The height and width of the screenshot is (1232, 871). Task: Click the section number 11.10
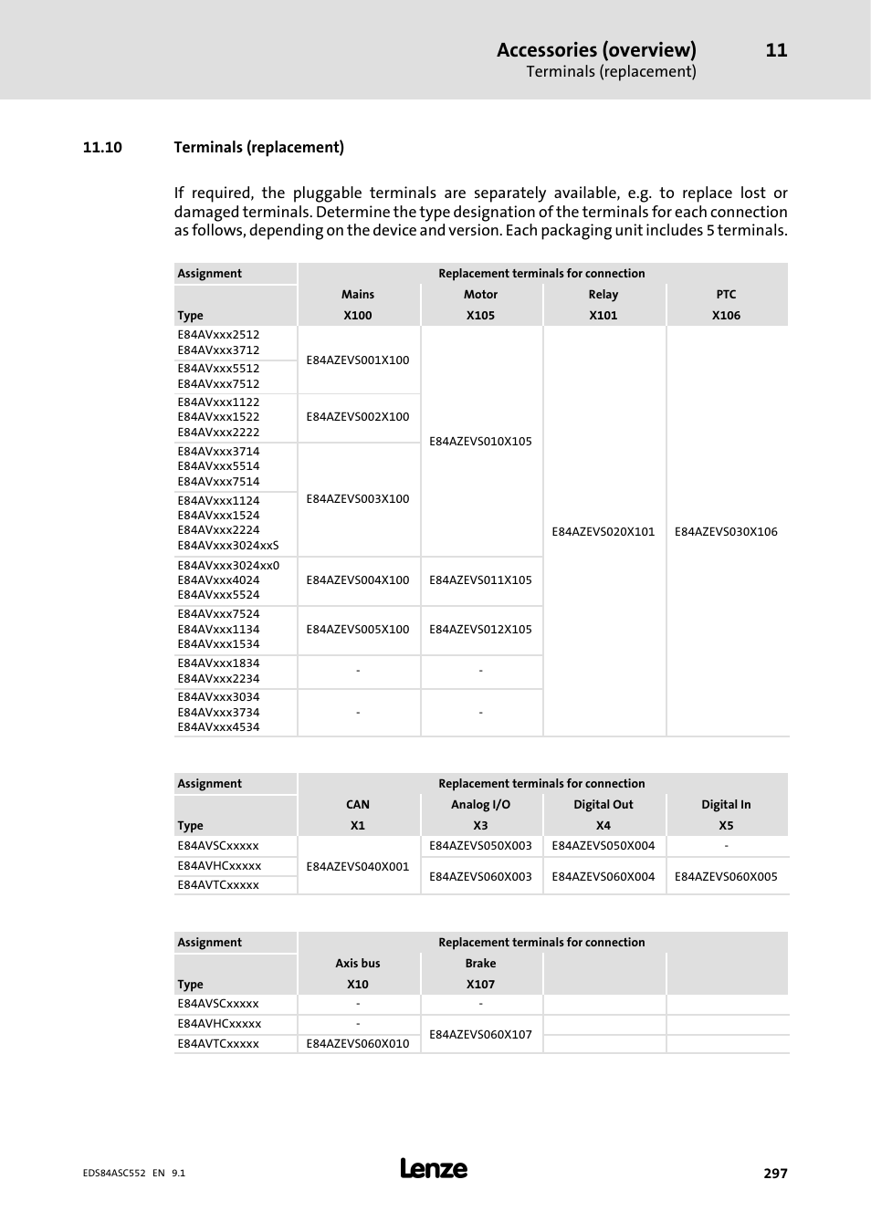(x=102, y=148)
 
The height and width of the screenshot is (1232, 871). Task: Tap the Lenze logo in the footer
(x=434, y=1169)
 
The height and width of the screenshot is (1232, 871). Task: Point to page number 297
(x=775, y=1174)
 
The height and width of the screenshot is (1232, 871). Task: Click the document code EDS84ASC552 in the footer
(x=113, y=1174)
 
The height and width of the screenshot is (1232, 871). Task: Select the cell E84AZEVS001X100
(x=358, y=360)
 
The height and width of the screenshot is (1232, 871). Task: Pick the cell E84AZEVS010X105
(x=480, y=442)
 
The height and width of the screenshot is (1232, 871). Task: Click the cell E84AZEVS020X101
(x=603, y=532)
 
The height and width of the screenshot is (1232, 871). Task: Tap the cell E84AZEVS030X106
(x=726, y=532)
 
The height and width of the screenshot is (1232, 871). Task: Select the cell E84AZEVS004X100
(x=358, y=580)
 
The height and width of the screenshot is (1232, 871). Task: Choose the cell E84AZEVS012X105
(x=480, y=630)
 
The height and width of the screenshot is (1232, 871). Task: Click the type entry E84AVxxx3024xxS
(x=228, y=546)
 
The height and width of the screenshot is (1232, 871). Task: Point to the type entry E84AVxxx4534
(x=219, y=727)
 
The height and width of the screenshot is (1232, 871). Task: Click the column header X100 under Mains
(x=358, y=316)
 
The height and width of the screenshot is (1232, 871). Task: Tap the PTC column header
(x=726, y=295)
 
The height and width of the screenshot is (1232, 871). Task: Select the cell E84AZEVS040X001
(x=358, y=867)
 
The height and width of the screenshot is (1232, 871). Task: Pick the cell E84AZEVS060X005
(x=726, y=877)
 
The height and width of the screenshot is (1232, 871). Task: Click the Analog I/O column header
(x=480, y=805)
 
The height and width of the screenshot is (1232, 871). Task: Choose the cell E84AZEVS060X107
(x=480, y=1035)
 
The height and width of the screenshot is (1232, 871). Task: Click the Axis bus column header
(x=358, y=964)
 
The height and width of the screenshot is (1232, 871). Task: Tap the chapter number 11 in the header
(x=776, y=50)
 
